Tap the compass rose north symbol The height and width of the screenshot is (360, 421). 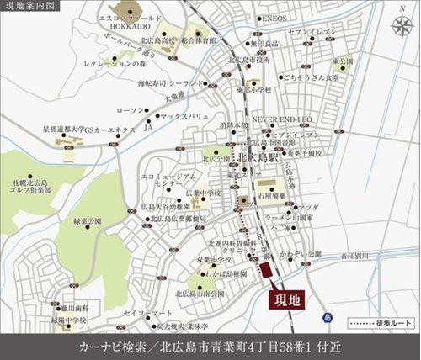(397, 26)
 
